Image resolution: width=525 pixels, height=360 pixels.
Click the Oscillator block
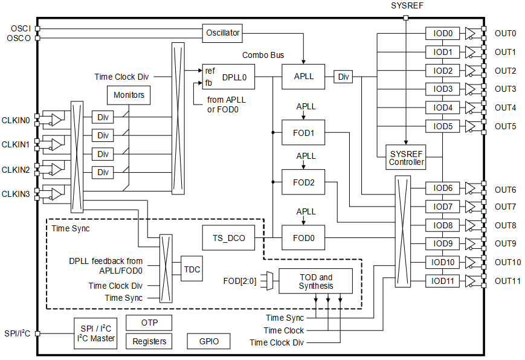(223, 33)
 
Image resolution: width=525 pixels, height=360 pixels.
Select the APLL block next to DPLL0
(303, 77)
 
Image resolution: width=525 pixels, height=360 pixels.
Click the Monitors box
(129, 95)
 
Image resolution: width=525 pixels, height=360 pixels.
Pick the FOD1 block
(303, 132)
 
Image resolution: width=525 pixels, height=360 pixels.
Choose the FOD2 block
(303, 182)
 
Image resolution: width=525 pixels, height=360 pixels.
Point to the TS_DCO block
(228, 238)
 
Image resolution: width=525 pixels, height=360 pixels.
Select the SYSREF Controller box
(406, 158)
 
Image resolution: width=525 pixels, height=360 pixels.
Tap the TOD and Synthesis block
(315, 281)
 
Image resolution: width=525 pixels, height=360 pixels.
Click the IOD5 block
(443, 126)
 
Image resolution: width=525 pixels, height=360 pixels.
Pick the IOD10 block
(443, 263)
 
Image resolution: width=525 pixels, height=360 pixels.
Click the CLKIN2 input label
(16, 170)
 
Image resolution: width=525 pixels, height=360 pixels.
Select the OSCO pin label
(19, 38)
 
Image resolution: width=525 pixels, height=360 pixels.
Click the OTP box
(149, 323)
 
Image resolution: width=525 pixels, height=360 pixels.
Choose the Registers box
(149, 341)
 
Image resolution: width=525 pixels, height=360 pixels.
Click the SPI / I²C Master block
(95, 333)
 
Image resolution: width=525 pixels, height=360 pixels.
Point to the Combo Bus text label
(263, 55)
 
